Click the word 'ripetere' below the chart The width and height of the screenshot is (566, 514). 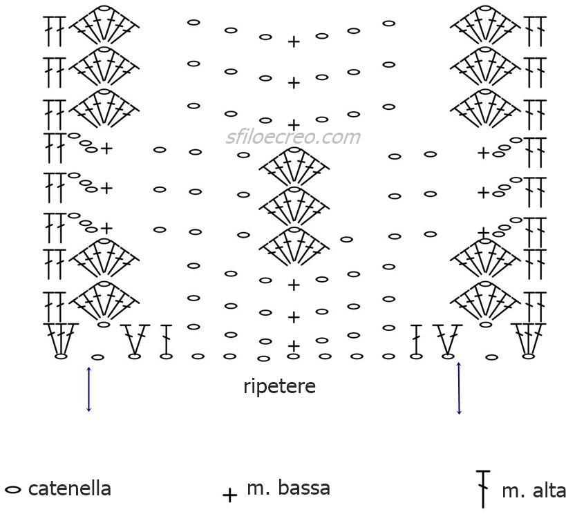[279, 387]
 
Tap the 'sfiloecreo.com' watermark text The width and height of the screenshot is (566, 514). [293, 137]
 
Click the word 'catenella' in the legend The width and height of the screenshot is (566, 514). [69, 488]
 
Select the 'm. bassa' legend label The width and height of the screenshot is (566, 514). [288, 488]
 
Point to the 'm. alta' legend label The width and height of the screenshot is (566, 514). [534, 491]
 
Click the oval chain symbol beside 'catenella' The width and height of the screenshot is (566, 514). [13, 490]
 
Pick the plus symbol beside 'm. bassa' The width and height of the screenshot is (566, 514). [229, 495]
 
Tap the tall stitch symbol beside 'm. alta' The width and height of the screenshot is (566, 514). [483, 489]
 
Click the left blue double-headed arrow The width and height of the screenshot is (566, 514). [88, 390]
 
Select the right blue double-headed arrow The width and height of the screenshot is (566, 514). [459, 388]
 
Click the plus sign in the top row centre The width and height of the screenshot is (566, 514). [294, 42]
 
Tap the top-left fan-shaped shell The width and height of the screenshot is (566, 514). [104, 23]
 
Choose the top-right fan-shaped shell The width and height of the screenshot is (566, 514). [485, 23]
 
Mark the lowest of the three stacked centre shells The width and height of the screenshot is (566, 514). [294, 245]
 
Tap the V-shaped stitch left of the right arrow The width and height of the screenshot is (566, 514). [448, 339]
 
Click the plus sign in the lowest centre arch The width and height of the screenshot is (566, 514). [294, 346]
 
